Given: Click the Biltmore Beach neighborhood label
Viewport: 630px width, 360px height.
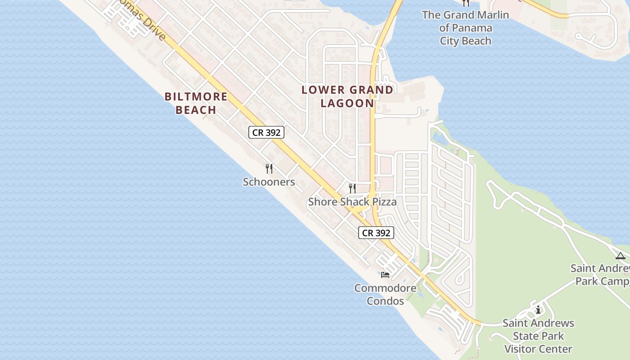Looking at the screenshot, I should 196,103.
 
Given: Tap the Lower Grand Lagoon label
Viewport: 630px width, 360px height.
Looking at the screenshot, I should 347,96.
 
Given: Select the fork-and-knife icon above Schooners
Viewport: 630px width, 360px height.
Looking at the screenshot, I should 269,169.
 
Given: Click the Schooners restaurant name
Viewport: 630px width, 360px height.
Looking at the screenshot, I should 269,182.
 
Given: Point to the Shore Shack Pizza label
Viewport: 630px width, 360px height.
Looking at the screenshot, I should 352,202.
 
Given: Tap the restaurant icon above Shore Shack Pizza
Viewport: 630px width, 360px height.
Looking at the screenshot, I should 352,188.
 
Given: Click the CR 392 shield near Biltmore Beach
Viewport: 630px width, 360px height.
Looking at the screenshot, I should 266,132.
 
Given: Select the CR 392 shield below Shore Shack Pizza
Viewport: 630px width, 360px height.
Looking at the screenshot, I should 376,233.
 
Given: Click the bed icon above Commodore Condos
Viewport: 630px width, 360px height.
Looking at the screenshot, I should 385,274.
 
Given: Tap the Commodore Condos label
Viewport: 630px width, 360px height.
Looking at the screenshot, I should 385,294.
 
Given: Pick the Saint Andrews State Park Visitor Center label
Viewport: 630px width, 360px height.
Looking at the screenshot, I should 538,336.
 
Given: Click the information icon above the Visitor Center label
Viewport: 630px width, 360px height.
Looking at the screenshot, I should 538,310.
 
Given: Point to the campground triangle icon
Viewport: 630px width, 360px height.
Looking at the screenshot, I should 621,256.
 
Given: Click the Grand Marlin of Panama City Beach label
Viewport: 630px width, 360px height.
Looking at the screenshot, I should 465,28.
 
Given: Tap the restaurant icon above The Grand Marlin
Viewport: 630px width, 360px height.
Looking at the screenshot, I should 466,3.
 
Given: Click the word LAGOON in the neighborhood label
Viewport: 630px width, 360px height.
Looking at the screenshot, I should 347,103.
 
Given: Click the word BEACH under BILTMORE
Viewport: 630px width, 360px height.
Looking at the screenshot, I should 196,110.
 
